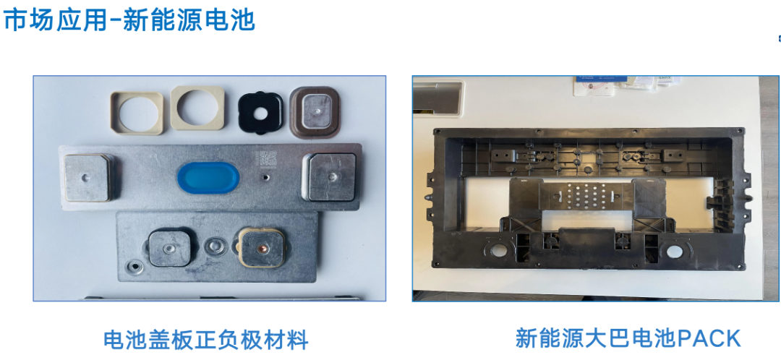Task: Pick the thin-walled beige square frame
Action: (x=135, y=111)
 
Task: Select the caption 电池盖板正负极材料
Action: (x=206, y=339)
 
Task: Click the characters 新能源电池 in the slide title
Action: (x=189, y=20)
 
